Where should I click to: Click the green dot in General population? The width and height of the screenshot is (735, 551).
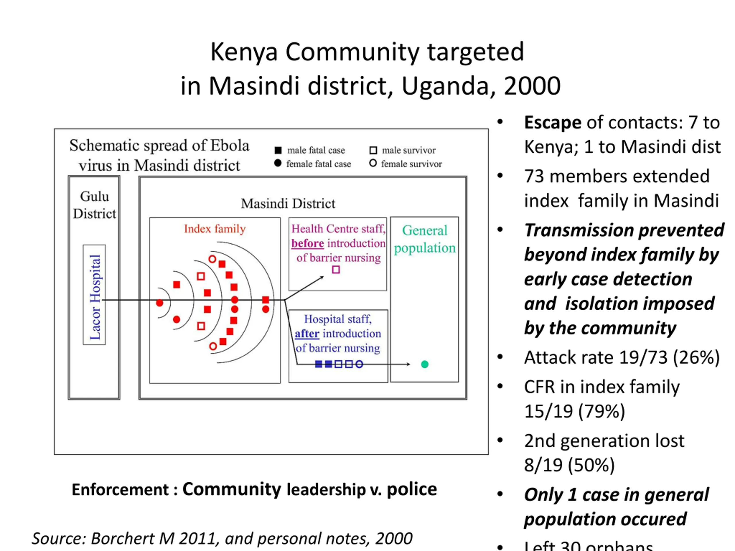coord(425,364)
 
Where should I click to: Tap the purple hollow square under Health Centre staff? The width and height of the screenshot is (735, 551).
coord(336,270)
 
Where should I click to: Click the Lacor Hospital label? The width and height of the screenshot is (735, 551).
coord(95,296)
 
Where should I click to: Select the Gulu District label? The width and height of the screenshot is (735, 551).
coord(95,205)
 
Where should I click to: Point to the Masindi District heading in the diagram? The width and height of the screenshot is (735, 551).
coord(288,203)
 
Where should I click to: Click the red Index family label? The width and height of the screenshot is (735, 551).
coord(215,229)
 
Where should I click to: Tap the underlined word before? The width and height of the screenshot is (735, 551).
coord(307,243)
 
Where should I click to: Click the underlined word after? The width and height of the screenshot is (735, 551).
coord(307,333)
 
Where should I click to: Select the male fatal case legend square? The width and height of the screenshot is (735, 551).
coord(278,150)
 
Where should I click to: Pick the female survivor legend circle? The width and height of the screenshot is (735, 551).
coord(373,163)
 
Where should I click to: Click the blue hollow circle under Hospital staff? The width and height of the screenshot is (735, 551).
coord(359,364)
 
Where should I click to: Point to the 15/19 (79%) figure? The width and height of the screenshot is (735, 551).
coord(575,411)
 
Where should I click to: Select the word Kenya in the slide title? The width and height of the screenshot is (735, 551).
coord(244,52)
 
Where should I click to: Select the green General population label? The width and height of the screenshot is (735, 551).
coord(425,239)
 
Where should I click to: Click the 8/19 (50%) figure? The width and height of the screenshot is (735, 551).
coord(569,465)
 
